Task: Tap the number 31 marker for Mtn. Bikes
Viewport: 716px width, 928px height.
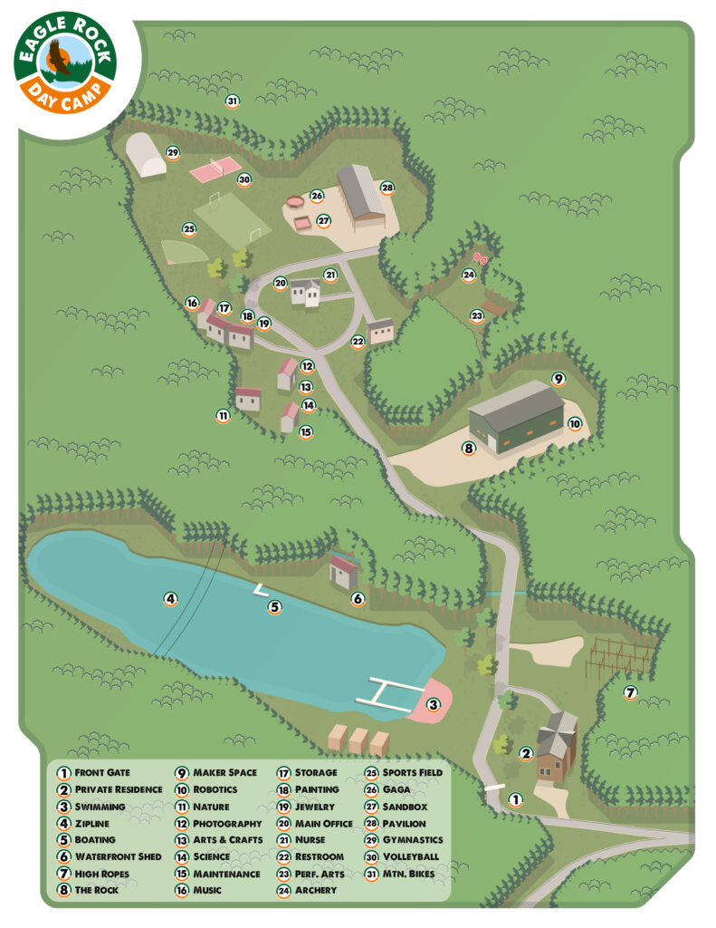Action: [233, 101]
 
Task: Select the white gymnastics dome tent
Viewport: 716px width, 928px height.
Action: [146, 155]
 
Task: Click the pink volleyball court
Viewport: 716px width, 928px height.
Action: [215, 168]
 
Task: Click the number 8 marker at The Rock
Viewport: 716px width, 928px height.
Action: [469, 448]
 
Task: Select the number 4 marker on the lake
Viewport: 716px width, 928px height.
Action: [169, 598]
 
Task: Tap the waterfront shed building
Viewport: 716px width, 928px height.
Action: [345, 572]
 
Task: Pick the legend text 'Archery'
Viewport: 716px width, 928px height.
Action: [315, 890]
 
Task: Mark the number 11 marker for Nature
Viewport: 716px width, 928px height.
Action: [223, 416]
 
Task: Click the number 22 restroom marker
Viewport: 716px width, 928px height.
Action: [358, 342]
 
